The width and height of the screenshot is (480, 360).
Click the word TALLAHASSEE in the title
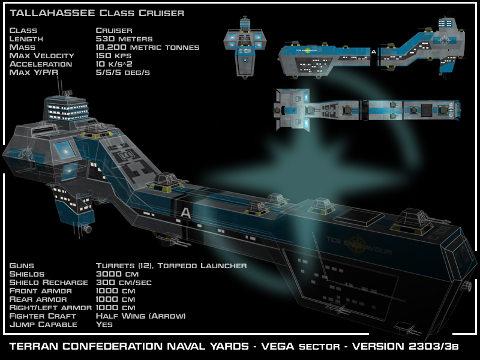coord(53,13)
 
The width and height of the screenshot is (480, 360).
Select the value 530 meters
coord(124,38)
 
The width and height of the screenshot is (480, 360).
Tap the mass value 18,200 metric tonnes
coord(147,47)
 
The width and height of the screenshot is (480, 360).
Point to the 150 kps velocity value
coord(114,55)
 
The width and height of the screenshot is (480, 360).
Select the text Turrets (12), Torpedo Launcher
coord(171,265)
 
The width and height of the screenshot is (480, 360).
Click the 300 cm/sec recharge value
coord(124,282)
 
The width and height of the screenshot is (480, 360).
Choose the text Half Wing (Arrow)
coord(141,316)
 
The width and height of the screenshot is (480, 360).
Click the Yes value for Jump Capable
coord(104,324)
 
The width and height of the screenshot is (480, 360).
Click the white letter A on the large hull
coord(185,212)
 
